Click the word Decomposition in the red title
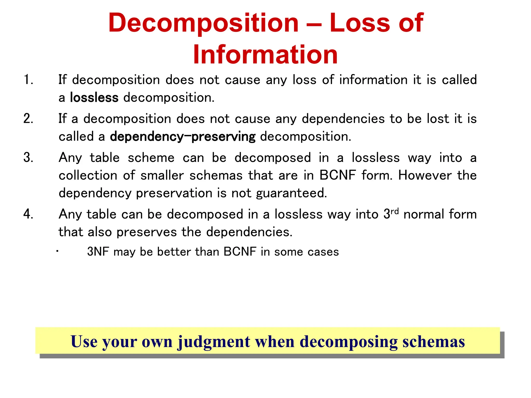point(204,23)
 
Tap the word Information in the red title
point(265,54)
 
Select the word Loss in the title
point(360,23)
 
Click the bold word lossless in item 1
point(94,98)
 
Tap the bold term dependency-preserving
point(183,137)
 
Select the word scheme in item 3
point(151,158)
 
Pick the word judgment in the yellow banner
point(214,342)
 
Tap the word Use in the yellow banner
point(83,342)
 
